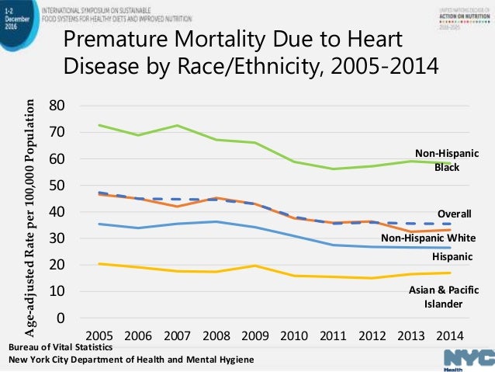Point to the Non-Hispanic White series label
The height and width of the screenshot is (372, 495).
(427, 238)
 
